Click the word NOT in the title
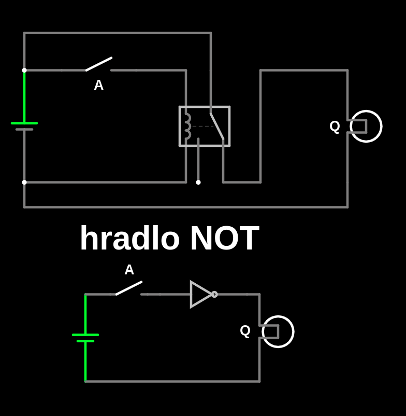click(224, 239)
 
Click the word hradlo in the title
click(129, 239)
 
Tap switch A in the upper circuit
click(98, 64)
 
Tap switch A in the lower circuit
click(129, 288)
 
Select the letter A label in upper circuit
click(98, 86)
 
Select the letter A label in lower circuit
click(129, 270)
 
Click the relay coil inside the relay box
click(187, 126)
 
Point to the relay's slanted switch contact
click(217, 126)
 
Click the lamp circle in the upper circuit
click(367, 126)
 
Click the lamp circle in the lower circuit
click(279, 331)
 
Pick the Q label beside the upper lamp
click(335, 127)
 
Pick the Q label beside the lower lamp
click(245, 331)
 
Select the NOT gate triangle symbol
click(200, 294)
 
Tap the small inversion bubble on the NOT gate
click(214, 294)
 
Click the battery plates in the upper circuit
click(24, 126)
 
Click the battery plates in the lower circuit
click(85, 338)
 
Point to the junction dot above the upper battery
click(24, 70)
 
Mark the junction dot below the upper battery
click(24, 182)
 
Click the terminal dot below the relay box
click(198, 182)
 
